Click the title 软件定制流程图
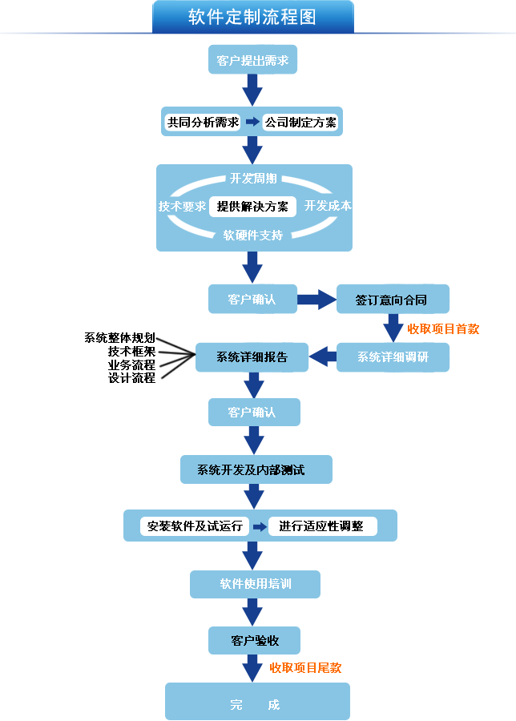[x=252, y=17]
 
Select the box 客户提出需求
[x=252, y=60]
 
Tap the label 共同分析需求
[x=203, y=123]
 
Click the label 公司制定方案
[x=301, y=123]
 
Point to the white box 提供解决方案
[x=252, y=206]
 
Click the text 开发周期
[x=253, y=178]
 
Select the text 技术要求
[x=182, y=206]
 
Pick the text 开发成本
[x=328, y=206]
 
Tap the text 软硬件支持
[x=253, y=236]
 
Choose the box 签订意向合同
[x=392, y=300]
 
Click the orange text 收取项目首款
[x=443, y=328]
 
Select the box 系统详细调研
[x=393, y=357]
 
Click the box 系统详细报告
[x=252, y=357]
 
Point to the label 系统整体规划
[x=119, y=337]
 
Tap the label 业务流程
[x=131, y=365]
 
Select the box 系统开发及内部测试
[x=256, y=470]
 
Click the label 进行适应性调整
[x=321, y=526]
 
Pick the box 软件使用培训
[x=255, y=584]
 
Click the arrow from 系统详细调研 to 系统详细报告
[x=323, y=357]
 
